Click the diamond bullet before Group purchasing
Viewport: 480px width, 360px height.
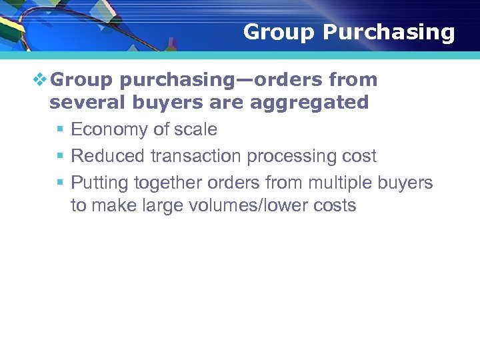click(x=41, y=81)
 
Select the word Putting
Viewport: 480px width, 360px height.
click(x=99, y=183)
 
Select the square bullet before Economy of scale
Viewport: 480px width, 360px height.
click(x=60, y=130)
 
